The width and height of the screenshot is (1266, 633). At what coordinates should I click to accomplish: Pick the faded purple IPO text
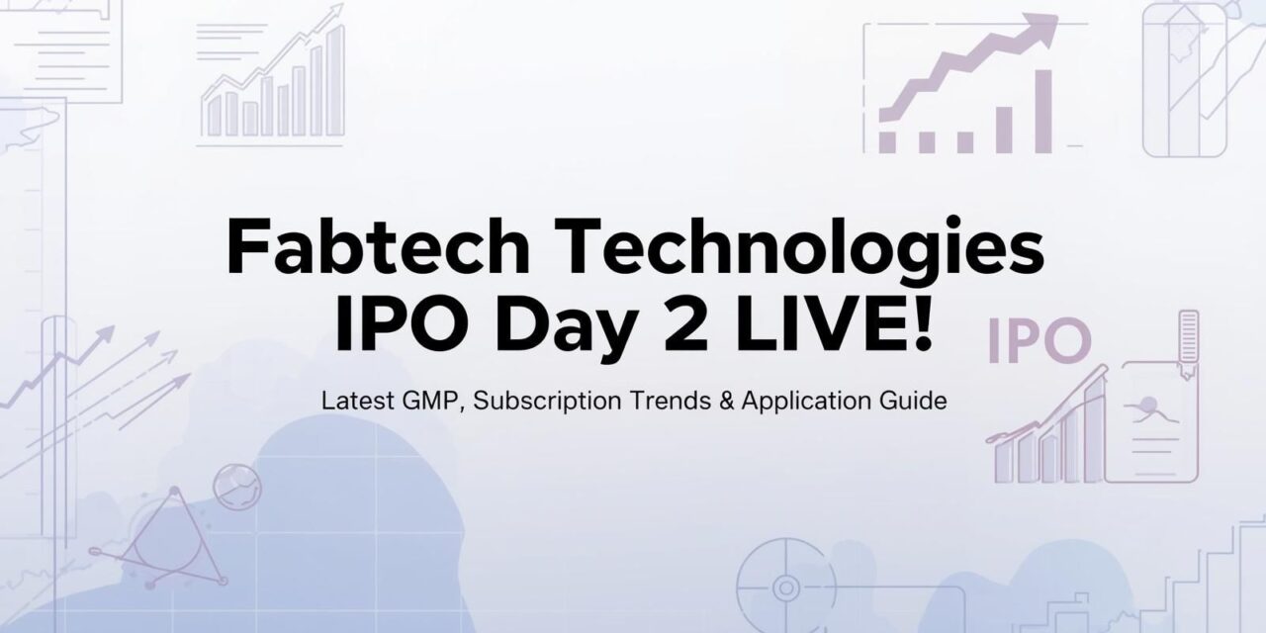pyautogui.click(x=1039, y=340)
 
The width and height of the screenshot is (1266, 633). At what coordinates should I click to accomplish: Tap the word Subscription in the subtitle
pyautogui.click(x=547, y=402)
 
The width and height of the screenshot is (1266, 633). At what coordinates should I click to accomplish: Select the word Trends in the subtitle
pyautogui.click(x=671, y=401)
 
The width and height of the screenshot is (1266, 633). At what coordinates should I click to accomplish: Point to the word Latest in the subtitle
pyautogui.click(x=358, y=401)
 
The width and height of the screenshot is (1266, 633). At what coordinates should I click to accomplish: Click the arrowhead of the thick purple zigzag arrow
pyautogui.click(x=1043, y=26)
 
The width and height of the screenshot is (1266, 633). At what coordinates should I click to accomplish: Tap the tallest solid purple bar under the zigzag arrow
pyautogui.click(x=1043, y=111)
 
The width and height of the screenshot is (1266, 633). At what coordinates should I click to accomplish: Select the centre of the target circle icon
pyautogui.click(x=785, y=588)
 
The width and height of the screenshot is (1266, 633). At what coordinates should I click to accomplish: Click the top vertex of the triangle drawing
pyautogui.click(x=174, y=492)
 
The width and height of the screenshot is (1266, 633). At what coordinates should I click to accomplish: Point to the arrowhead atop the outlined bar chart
pyautogui.click(x=337, y=9)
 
